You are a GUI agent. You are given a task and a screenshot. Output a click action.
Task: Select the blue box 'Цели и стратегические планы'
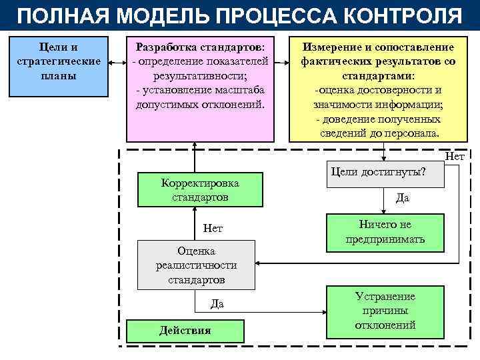[x=58, y=66]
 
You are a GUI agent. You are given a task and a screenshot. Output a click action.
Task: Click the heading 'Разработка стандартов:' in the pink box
[x=200, y=47]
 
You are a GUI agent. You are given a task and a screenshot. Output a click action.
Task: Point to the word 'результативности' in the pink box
[x=200, y=76]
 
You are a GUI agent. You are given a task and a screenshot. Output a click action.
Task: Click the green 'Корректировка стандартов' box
[x=200, y=190]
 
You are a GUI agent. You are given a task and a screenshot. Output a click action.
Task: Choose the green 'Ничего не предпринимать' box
[x=385, y=232]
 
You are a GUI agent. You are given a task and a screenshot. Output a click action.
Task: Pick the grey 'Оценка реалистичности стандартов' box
[x=196, y=265]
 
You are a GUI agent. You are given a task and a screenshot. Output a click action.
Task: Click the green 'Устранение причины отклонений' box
[x=385, y=311]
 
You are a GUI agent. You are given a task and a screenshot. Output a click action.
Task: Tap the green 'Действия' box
[x=185, y=330]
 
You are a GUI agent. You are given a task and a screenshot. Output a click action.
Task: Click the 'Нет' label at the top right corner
[x=454, y=157]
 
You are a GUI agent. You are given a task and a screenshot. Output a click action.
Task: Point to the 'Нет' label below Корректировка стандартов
[x=213, y=229]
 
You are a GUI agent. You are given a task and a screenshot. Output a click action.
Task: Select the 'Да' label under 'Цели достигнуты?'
[x=402, y=198]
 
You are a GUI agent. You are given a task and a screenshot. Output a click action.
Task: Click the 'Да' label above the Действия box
[x=217, y=304]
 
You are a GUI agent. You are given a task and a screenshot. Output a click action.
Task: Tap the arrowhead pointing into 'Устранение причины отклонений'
[x=322, y=311]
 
